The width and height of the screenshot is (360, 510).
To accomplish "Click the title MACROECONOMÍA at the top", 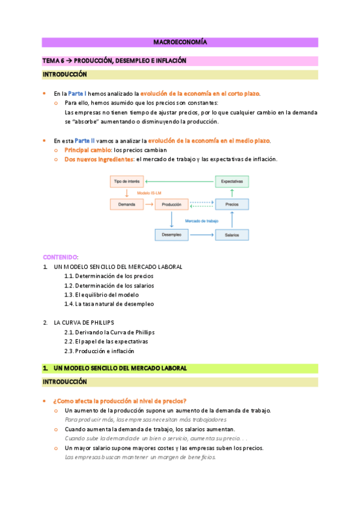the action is coord(180,43).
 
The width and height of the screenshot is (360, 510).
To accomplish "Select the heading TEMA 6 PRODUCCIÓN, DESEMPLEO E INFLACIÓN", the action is coord(114,61).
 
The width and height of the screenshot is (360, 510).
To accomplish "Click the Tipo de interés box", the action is coord(126,181).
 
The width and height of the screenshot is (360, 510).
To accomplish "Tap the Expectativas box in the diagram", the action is coord(232,181).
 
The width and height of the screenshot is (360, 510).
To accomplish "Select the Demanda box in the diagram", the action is coord(126,204).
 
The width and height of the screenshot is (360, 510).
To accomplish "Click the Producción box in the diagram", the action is coord(172,204).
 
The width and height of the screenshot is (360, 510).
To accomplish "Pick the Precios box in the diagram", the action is coord(232,204).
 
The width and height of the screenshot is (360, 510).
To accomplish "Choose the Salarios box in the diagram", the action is coord(232,235).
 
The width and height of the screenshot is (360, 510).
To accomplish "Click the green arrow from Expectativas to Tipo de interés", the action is coord(180,181).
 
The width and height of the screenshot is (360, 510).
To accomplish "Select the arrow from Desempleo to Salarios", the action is coord(202,235).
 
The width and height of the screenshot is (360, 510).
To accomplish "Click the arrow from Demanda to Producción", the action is coord(149,204).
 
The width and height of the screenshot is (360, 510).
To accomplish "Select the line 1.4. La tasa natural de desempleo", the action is coord(109,304).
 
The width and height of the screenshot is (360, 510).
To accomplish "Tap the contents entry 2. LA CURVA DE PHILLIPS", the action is coord(84,322).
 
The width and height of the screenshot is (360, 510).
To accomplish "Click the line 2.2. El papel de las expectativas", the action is coord(106,342).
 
